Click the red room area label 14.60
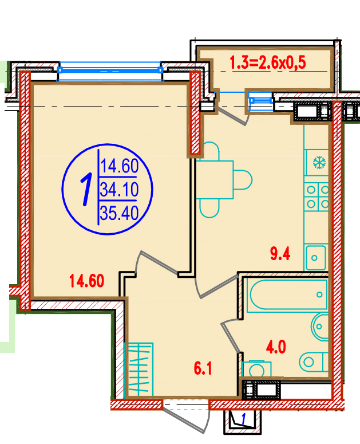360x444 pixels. [87, 281]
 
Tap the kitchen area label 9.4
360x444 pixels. [280, 254]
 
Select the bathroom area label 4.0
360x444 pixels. [276, 347]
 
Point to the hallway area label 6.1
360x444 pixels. [203, 368]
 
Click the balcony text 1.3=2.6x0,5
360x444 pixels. [268, 62]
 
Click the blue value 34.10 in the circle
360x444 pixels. [120, 190]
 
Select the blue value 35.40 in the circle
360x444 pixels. [120, 213]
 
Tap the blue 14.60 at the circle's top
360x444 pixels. [120, 166]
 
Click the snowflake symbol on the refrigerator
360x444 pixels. [319, 163]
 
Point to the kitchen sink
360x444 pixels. [315, 257]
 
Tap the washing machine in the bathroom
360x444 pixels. [257, 369]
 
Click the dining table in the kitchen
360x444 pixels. [216, 180]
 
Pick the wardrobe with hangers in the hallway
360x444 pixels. [139, 370]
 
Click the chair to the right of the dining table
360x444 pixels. [243, 180]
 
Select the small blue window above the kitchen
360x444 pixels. [261, 100]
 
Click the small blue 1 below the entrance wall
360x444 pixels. [243, 419]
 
